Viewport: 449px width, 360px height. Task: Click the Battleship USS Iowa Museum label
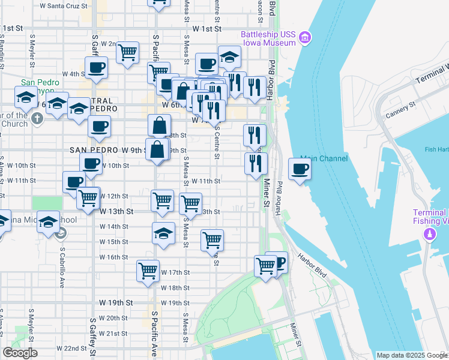(x=268, y=38)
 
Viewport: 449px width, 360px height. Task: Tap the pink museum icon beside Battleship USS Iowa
(x=305, y=38)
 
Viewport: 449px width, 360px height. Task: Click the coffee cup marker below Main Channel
(x=300, y=169)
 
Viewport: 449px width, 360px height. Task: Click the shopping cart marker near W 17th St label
(x=148, y=271)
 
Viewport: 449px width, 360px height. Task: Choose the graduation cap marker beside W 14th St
(x=163, y=234)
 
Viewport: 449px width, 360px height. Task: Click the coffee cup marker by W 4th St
(x=96, y=67)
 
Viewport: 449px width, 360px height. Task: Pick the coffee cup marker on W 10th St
(x=91, y=163)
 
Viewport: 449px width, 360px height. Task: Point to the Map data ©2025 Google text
(x=411, y=355)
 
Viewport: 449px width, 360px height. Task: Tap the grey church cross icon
(x=37, y=118)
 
